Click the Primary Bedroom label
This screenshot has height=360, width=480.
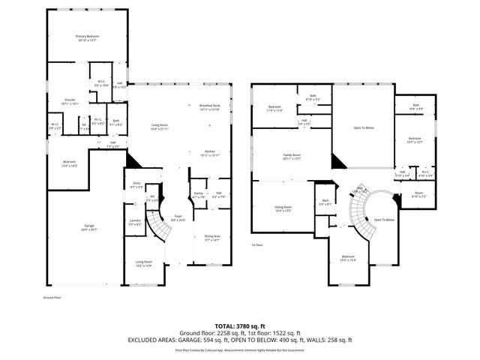point(88,37)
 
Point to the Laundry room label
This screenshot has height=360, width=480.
point(135,222)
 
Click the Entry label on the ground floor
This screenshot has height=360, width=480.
point(136,184)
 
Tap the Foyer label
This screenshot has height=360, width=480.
point(178,218)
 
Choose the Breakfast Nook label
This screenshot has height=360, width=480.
point(210,106)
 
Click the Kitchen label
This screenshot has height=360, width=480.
point(210,153)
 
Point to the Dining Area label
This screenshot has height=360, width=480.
point(212,238)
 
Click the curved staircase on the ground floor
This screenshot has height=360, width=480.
point(159,224)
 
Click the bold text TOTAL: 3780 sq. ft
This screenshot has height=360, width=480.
point(240,325)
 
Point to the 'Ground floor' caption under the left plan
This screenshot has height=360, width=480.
point(52,297)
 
